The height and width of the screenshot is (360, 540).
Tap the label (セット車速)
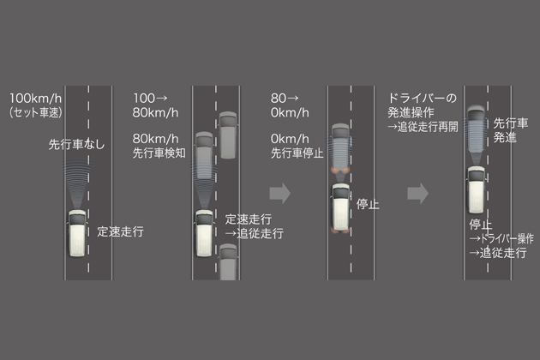(36, 111)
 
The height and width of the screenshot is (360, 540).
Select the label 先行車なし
(76, 145)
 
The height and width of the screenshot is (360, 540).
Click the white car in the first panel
(77, 236)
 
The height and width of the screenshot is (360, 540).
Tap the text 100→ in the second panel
(151, 97)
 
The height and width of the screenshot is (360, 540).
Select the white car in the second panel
(204, 231)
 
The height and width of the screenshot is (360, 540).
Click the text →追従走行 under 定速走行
(254, 233)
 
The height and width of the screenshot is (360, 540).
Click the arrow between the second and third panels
(280, 193)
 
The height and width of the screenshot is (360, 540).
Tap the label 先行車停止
(297, 155)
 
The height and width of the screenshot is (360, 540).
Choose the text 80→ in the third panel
(285, 97)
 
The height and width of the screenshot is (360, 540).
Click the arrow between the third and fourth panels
(417, 193)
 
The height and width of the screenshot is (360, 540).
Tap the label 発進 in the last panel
(505, 138)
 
